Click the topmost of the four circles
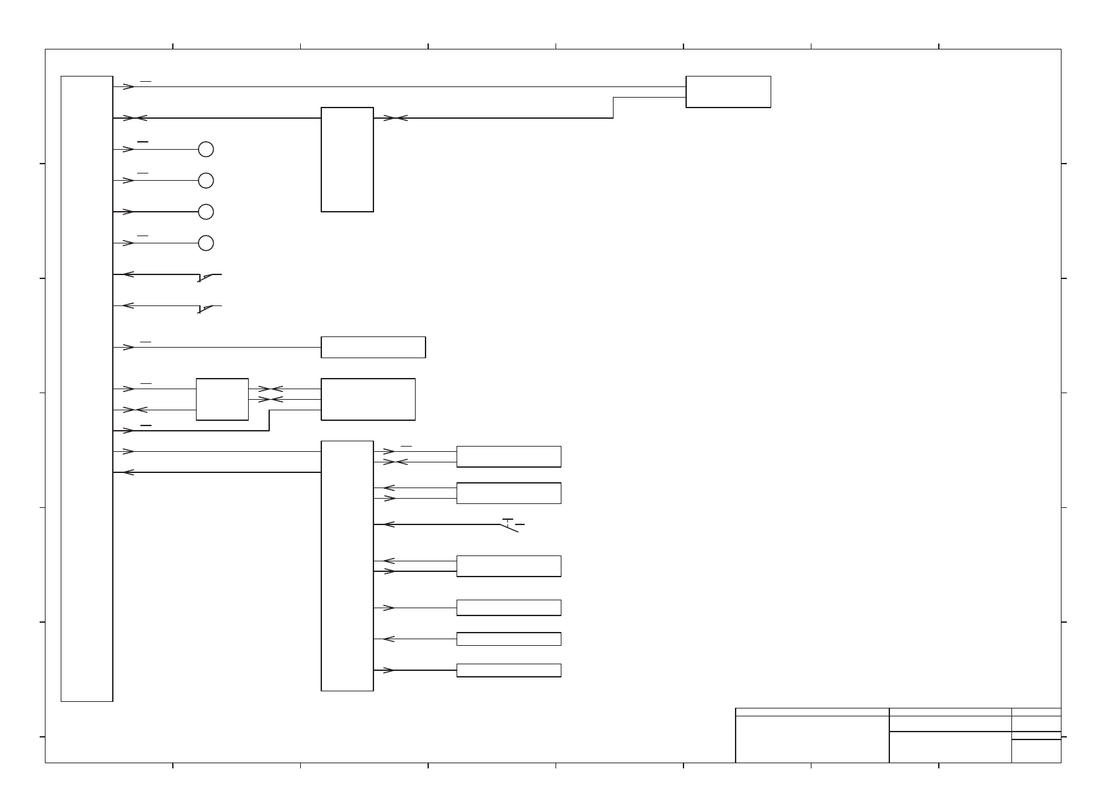pyautogui.click(x=206, y=149)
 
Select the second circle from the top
pyautogui.click(x=206, y=181)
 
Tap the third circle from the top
pyautogui.click(x=206, y=212)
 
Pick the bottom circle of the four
pyautogui.click(x=206, y=243)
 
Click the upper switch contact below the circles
pyautogui.click(x=209, y=276)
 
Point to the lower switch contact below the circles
pyautogui.click(x=209, y=307)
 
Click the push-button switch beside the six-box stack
pyautogui.click(x=510, y=525)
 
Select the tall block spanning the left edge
pyautogui.click(x=86, y=389)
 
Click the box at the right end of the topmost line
pyautogui.click(x=728, y=92)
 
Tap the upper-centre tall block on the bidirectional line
pyautogui.click(x=347, y=160)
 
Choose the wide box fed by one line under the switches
pyautogui.click(x=373, y=347)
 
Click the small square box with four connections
pyautogui.click(x=222, y=399)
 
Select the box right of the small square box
pyautogui.click(x=368, y=399)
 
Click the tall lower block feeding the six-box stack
pyautogui.click(x=347, y=565)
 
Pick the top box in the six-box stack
pyautogui.click(x=509, y=456)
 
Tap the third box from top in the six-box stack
pyautogui.click(x=509, y=566)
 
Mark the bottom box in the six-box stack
pyautogui.click(x=509, y=670)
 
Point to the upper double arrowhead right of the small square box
pyautogui.click(x=270, y=389)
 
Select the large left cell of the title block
pyautogui.click(x=812, y=739)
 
